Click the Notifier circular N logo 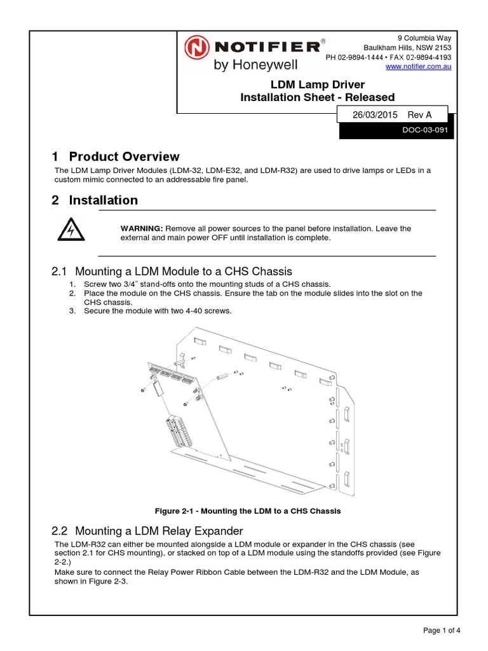click(x=196, y=48)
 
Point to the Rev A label click(x=419, y=114)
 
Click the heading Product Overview click(x=124, y=156)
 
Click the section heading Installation click(x=103, y=200)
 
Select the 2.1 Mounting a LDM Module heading click(x=171, y=271)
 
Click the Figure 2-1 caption click(x=248, y=511)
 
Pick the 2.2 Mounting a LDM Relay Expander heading click(x=147, y=531)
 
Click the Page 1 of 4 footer click(x=442, y=631)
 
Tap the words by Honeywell click(x=255, y=65)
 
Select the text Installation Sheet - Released click(x=317, y=97)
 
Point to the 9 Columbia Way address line click(x=424, y=38)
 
